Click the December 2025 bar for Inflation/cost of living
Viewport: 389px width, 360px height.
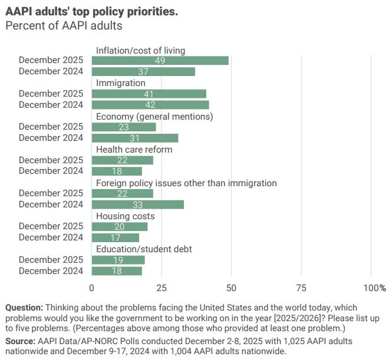coord(160,61)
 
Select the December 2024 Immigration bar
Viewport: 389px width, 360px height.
coord(150,105)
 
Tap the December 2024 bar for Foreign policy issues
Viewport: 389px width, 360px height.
coord(138,204)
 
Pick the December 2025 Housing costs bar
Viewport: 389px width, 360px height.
coord(120,227)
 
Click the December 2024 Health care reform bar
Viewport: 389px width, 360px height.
coord(117,171)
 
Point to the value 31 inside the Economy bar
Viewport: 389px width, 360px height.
coord(135,138)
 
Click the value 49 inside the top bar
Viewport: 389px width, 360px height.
coord(160,61)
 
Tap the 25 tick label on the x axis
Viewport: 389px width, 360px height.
coord(161,288)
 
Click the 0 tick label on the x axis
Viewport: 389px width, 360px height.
coord(92,288)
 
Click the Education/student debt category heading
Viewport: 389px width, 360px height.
coord(144,249)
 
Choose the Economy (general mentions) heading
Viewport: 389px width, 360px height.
coord(154,116)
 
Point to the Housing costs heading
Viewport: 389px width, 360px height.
coord(126,216)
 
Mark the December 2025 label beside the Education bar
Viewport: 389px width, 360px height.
coord(51,260)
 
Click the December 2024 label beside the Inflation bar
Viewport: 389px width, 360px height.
coord(51,72)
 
